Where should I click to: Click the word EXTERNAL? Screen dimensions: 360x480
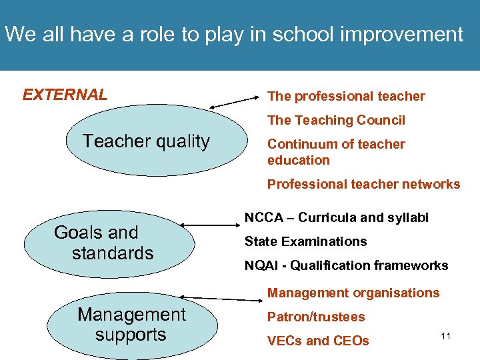(x=65, y=95)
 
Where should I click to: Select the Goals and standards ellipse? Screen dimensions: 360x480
(x=109, y=243)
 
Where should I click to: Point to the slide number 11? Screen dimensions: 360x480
(x=445, y=336)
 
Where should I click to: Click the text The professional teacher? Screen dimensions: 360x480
(x=345, y=96)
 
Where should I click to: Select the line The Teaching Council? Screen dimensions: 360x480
(x=336, y=120)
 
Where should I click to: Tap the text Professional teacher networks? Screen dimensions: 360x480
(x=363, y=184)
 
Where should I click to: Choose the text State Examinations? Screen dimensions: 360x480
(x=305, y=241)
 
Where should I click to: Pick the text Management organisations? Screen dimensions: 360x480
(x=353, y=293)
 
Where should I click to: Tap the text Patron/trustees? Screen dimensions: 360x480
(x=316, y=317)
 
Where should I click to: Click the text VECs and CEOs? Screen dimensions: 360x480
(x=317, y=341)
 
